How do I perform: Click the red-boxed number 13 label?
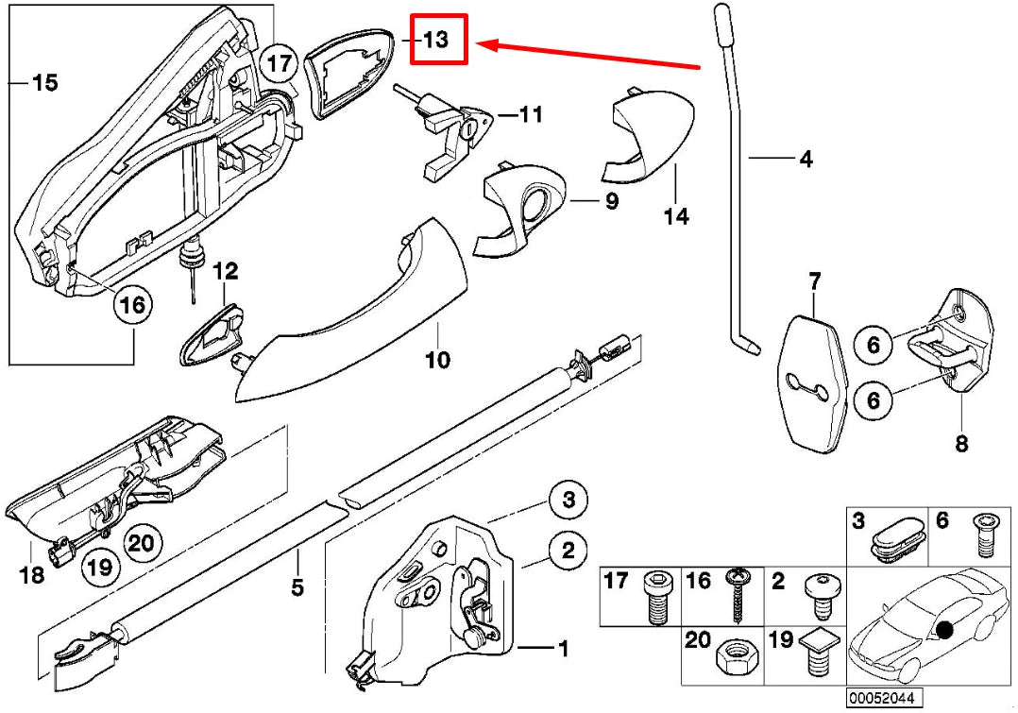[438, 40]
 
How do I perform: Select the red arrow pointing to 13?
[585, 55]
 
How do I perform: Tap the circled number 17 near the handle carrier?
[278, 64]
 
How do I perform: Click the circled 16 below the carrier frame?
[134, 305]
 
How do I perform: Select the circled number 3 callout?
[568, 500]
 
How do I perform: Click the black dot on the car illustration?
[947, 630]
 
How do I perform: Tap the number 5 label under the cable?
[297, 587]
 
